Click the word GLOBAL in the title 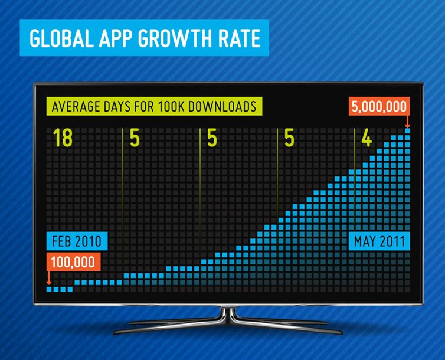point(61,38)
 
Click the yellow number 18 point(63,138)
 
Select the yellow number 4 point(367,138)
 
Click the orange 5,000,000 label point(379,106)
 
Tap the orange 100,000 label point(73,262)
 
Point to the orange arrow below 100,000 point(49,277)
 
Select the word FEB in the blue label point(61,241)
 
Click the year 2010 point(88,241)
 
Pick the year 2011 point(392,241)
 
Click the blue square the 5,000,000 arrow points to point(408,131)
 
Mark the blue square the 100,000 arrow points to point(49,289)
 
